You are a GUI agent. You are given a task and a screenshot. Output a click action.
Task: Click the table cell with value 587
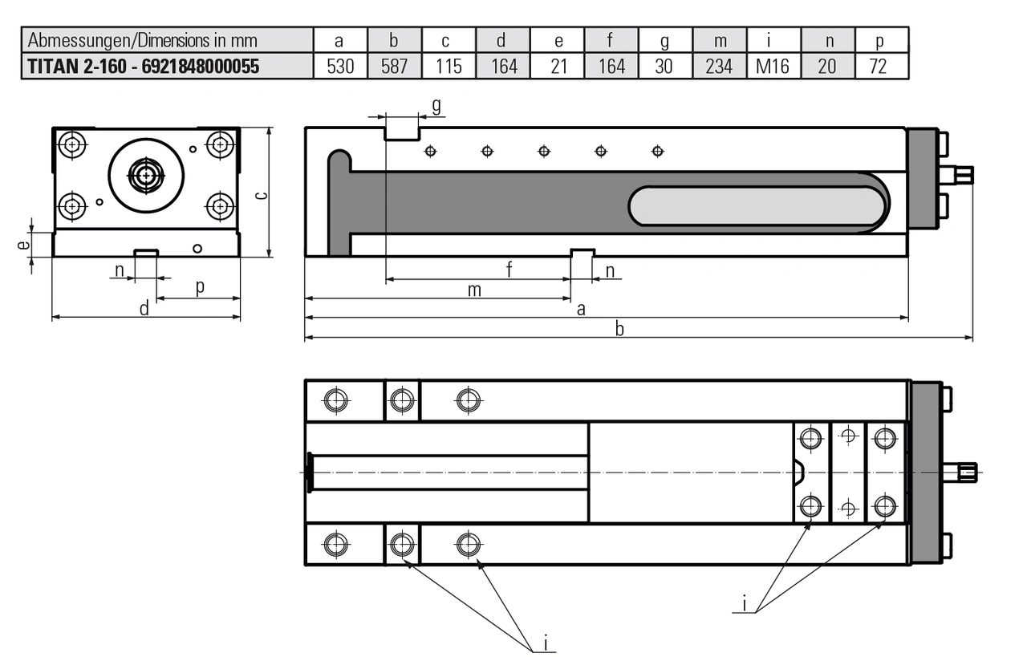(395, 66)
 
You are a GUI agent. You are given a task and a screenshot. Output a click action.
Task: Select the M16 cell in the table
(773, 66)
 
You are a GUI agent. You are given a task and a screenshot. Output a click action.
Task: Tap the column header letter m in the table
(719, 40)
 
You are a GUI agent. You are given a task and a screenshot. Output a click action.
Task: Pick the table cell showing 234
(719, 66)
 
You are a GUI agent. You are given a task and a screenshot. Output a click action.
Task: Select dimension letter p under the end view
(199, 286)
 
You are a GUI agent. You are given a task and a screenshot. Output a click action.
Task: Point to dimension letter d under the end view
(144, 309)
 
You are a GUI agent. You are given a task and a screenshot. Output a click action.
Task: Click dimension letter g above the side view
(436, 106)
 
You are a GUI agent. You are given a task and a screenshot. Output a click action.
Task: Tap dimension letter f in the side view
(509, 270)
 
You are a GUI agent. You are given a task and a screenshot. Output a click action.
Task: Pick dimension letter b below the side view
(619, 329)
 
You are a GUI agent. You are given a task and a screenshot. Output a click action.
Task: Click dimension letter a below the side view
(581, 309)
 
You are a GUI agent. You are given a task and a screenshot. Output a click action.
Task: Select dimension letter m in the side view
(475, 290)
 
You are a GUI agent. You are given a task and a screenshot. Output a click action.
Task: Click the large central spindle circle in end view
(146, 176)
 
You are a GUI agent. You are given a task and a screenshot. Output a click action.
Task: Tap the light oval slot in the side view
(757, 206)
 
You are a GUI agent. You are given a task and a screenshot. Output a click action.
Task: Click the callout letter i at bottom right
(745, 602)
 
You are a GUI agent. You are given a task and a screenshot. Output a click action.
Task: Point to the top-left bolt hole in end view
(73, 145)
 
